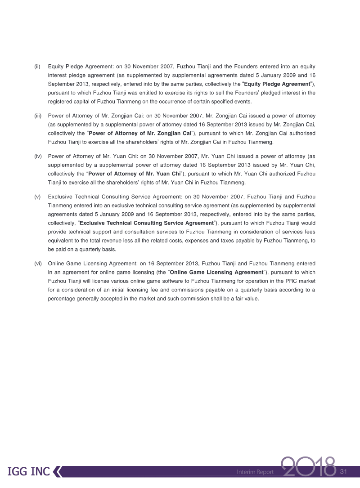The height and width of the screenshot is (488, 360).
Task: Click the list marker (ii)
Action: click(38, 67)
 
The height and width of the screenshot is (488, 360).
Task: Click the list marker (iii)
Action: click(38, 116)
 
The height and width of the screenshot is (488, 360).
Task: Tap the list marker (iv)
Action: click(38, 156)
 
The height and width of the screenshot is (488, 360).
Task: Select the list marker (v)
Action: click(38, 197)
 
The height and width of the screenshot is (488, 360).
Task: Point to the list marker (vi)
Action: click(38, 263)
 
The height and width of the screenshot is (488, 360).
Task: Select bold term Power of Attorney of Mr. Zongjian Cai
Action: click(140, 134)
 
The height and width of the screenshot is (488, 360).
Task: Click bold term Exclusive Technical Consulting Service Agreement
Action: click(146, 223)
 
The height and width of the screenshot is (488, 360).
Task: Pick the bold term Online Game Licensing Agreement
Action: click(216, 272)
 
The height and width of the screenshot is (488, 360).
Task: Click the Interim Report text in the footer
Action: click(255, 472)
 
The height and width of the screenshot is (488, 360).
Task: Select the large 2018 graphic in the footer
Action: click(309, 468)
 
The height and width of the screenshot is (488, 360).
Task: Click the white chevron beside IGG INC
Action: click(57, 471)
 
